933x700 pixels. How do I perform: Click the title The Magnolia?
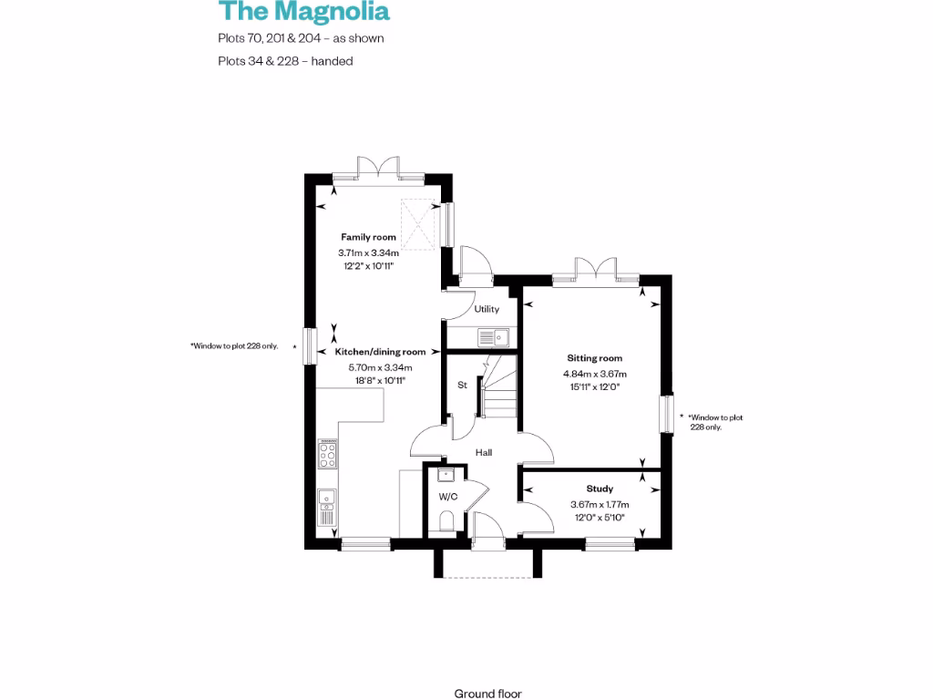(303, 12)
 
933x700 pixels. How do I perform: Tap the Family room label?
(368, 237)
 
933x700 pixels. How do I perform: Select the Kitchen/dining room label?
(380, 352)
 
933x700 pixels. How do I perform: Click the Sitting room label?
(594, 358)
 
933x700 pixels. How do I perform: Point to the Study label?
(599, 489)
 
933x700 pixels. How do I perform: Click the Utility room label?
(487, 310)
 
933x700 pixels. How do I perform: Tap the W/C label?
(448, 497)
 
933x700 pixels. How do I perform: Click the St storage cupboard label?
(462, 386)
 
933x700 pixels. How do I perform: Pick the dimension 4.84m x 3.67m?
(597, 374)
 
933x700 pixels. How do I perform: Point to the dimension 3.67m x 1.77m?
(600, 504)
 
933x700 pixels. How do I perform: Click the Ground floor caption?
(488, 694)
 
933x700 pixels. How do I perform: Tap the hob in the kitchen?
(327, 454)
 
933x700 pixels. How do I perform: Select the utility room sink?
(494, 336)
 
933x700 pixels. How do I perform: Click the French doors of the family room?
(378, 170)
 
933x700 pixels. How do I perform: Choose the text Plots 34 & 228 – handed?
(285, 61)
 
